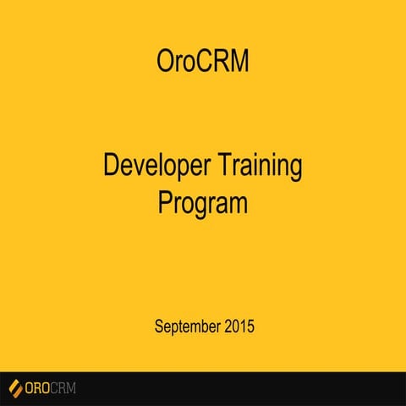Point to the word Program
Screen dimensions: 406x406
coord(203,204)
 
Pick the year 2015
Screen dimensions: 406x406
coord(239,325)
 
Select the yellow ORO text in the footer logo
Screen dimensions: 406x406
coord(39,389)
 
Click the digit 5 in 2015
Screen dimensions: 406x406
coord(250,325)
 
